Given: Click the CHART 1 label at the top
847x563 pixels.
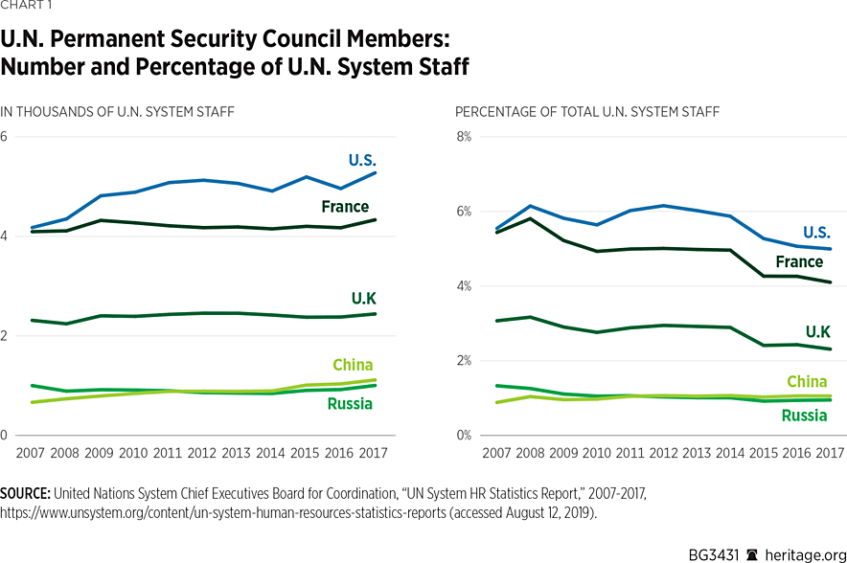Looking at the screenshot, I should click(27, 6).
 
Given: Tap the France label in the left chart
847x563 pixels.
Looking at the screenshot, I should click(345, 207).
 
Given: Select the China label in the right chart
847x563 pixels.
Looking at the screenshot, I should click(806, 382).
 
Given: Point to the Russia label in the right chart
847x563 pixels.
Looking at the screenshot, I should click(804, 416).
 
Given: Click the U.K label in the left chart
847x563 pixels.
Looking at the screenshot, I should click(364, 299).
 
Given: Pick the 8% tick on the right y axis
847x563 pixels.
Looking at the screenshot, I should click(463, 137).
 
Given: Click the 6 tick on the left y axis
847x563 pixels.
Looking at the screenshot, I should click(5, 137).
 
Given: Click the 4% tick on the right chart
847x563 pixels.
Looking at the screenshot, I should click(463, 286).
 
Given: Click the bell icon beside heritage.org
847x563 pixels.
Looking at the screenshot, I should click(753, 554).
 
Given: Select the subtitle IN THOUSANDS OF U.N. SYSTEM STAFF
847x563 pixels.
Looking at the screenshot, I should click(117, 112).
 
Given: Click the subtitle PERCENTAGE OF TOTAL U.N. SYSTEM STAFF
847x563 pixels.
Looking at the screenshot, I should click(587, 112).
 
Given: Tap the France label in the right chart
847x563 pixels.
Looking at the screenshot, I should click(799, 261).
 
